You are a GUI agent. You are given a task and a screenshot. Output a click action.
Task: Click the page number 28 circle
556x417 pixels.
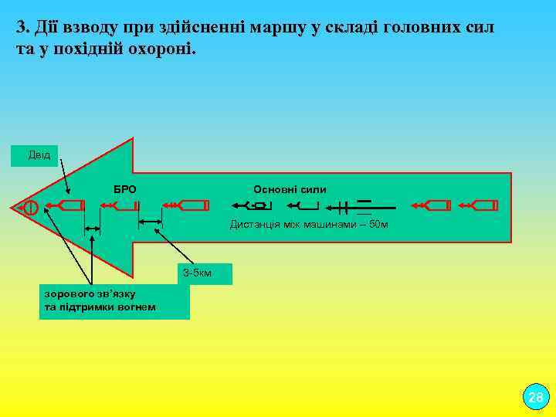(535, 397)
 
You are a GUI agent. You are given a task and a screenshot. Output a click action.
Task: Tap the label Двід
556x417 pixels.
(39, 154)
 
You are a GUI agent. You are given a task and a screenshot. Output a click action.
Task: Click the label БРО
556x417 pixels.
(124, 189)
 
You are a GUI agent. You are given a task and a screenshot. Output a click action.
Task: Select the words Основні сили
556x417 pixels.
(290, 189)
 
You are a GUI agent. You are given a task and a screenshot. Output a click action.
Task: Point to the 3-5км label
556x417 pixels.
(197, 273)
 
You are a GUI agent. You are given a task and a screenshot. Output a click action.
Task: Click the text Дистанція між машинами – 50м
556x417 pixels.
(309, 225)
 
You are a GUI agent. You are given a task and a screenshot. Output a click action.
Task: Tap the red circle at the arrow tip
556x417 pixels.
(30, 207)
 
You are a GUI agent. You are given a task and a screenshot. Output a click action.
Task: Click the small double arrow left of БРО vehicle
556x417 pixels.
(93, 229)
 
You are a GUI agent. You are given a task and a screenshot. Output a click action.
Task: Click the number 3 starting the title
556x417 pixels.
(21, 29)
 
